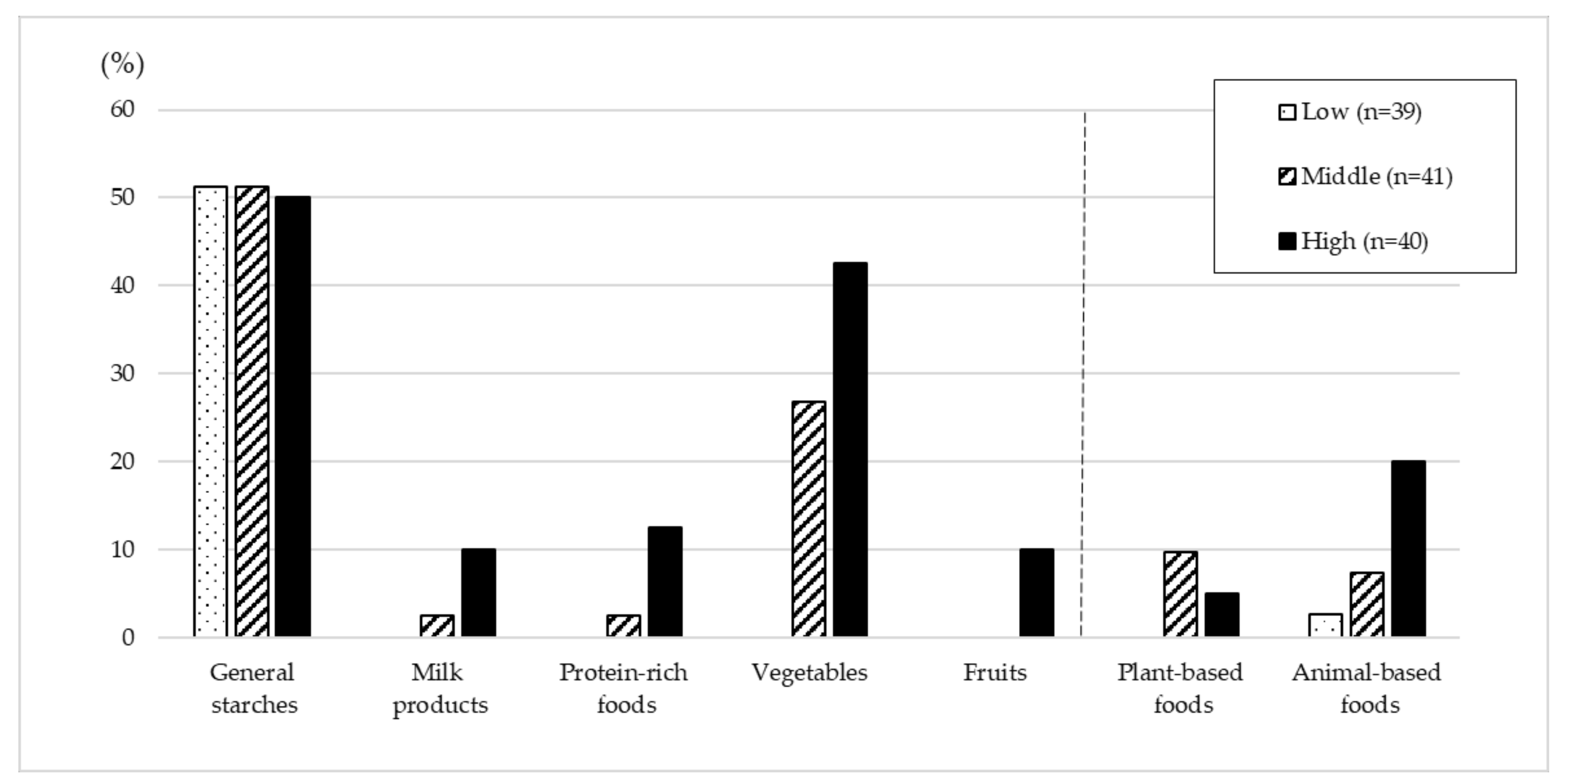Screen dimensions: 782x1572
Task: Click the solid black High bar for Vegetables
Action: coord(850,449)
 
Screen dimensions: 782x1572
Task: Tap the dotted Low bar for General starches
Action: coord(210,412)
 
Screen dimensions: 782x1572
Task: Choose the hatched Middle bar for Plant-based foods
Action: coord(1180,594)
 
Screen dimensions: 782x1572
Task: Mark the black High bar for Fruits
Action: coord(1036,592)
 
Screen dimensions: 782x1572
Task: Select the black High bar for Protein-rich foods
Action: coord(665,581)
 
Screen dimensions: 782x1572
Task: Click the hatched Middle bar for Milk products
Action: coord(437,626)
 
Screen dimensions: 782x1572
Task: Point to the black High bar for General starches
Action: coord(293,416)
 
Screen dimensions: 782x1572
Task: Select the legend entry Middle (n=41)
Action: coord(1365,177)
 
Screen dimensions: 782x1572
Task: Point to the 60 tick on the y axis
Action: coord(122,110)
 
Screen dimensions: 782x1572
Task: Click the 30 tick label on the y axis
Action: coord(122,373)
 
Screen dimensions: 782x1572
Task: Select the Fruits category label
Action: coord(995,673)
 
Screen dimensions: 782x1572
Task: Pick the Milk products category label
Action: coord(439,688)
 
